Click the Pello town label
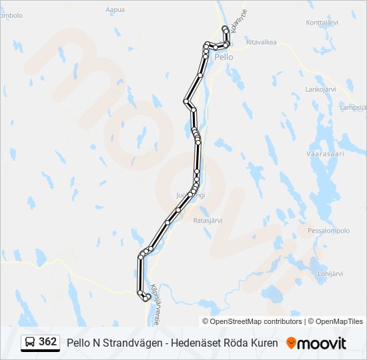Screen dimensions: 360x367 [224, 57]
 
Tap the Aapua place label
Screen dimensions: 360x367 [115, 10]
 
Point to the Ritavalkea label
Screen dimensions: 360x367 [261, 41]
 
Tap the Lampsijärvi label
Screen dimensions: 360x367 [353, 107]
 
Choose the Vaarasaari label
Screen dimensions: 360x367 [324, 153]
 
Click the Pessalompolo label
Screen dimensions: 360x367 [328, 231]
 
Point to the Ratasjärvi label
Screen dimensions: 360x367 [207, 220]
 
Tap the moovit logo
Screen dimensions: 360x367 [316, 343]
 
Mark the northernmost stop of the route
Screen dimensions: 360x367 [225, 27]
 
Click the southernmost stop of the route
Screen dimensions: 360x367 [145, 298]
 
